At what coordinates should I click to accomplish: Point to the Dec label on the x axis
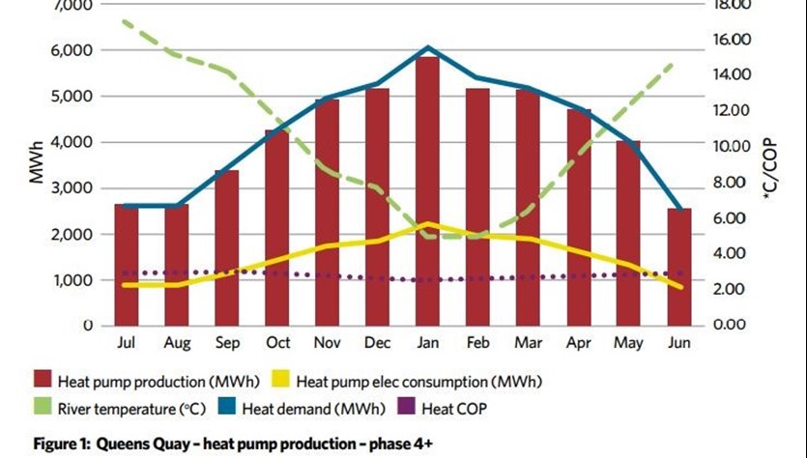point(377,343)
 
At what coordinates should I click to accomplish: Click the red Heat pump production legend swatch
point(43,379)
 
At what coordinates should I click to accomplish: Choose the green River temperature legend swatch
point(43,407)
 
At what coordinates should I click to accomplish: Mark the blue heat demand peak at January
point(427,46)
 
